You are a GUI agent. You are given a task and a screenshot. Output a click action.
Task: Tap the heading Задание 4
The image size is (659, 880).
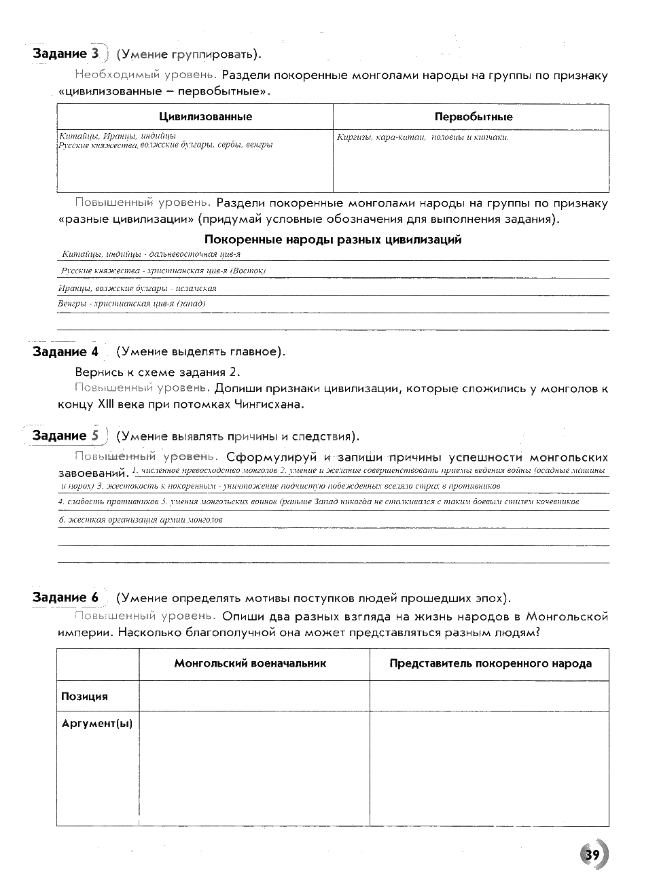point(65,351)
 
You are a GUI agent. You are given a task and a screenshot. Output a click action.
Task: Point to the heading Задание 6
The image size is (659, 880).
point(65,597)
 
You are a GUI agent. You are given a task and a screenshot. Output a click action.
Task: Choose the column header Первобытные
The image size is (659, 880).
point(474,117)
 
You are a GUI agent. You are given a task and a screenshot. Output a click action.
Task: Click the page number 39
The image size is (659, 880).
point(592,854)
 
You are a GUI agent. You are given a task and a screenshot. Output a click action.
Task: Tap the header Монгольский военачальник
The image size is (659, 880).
point(250,663)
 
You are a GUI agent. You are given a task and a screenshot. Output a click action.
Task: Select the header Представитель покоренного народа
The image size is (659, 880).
point(490,663)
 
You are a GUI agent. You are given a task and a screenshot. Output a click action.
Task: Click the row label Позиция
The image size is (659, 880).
point(84,697)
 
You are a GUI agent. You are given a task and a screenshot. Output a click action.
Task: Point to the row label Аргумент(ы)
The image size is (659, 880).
point(96,724)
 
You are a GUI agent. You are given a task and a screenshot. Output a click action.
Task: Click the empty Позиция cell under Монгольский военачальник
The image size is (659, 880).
point(254,696)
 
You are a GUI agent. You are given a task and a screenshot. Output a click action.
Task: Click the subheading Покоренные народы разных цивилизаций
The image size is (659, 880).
point(333,239)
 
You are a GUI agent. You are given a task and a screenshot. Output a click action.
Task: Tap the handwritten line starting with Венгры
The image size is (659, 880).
point(132,304)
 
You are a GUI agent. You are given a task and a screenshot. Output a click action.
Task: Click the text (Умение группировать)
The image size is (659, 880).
point(189,54)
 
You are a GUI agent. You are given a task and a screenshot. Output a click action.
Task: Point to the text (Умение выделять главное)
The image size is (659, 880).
point(200,351)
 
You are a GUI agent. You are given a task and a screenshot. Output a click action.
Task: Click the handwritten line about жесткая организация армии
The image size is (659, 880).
point(141,520)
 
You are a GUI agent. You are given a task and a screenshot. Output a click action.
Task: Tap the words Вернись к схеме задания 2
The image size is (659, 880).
point(158,372)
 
